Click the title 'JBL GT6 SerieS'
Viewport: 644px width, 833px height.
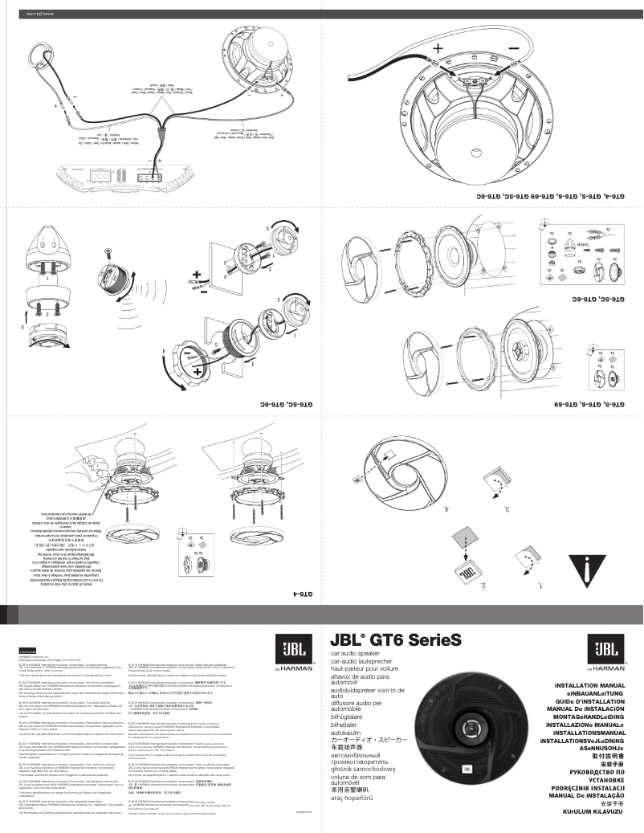(396, 642)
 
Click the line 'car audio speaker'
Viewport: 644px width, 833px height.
(354, 655)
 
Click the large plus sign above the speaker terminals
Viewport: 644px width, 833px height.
(438, 49)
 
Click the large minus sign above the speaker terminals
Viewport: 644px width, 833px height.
(513, 49)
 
